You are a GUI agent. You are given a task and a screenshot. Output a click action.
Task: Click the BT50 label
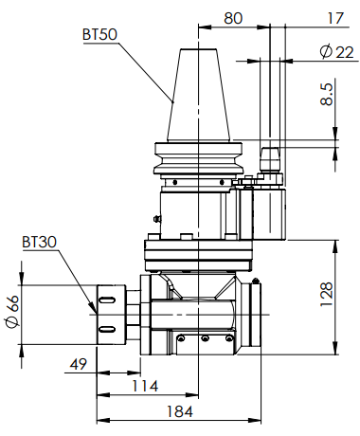coord(99,34)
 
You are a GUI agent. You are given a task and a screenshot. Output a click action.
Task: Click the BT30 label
coord(39,242)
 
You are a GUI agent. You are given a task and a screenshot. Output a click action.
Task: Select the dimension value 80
coord(233,18)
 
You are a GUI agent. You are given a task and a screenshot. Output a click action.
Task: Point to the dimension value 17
coord(335,18)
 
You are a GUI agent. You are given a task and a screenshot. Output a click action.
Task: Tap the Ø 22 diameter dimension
coord(336,52)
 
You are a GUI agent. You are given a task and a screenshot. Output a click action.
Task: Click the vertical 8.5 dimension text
coord(327,94)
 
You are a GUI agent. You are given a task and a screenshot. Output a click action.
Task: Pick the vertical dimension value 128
coord(327,294)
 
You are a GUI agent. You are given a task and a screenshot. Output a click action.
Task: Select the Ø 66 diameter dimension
coord(12,312)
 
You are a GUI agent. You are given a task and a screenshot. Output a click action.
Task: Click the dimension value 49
coord(79,364)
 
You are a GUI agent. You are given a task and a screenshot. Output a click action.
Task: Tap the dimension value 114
coord(145,386)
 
